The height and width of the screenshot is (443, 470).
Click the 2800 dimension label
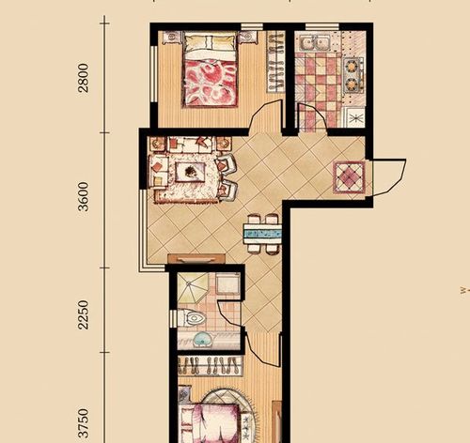pos(84,78)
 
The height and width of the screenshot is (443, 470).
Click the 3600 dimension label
pos(84,196)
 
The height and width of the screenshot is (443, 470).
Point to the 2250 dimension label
pos(84,314)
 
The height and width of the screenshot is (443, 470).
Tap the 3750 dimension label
pos(84,422)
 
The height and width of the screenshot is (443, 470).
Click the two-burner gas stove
pos(352,75)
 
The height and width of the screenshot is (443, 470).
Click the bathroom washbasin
pos(202,340)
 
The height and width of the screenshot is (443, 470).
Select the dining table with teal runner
pos(262,234)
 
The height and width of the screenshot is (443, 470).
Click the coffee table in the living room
pos(190,172)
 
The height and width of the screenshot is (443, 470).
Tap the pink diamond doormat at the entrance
pos(349,177)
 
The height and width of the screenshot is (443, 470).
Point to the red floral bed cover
pos(211,83)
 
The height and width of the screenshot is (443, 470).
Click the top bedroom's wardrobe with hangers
pos(275,62)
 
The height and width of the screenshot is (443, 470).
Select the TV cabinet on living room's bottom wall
pos(196,259)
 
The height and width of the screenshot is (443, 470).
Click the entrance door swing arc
pos(388,177)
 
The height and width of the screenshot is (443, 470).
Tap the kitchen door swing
pos(312,115)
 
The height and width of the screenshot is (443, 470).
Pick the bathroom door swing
pos(230,313)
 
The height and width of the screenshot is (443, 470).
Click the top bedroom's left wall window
pos(153,74)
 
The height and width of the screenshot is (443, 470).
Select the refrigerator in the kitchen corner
pos(355,117)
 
